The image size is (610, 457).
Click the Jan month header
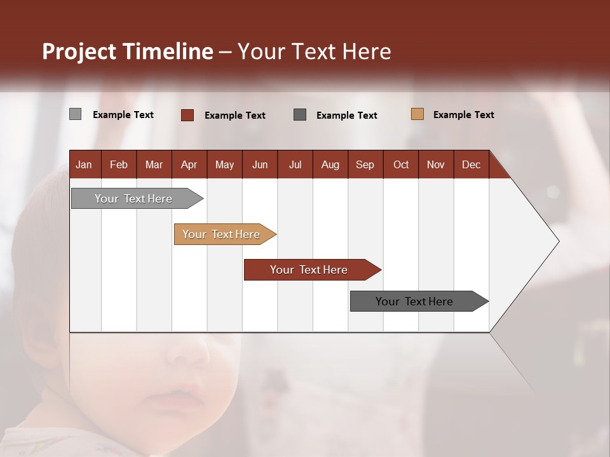[x=85, y=164]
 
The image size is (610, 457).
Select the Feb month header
[x=119, y=164]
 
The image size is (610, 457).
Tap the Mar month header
[x=154, y=164]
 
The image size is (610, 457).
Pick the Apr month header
[x=189, y=164]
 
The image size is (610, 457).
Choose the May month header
[x=224, y=164]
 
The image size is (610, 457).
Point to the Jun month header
[x=260, y=164]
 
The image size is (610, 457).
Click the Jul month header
[x=295, y=164]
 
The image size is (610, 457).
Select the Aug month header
[x=330, y=164]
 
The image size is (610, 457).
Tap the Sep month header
[x=365, y=164]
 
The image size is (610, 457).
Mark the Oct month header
[x=401, y=164]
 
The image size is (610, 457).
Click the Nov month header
[x=436, y=164]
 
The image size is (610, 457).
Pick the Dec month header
[x=471, y=164]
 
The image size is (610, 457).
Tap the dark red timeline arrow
[x=309, y=270]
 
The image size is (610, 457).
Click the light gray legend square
[x=75, y=114]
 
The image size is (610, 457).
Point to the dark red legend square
[x=187, y=115]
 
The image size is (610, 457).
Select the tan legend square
[x=417, y=114]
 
